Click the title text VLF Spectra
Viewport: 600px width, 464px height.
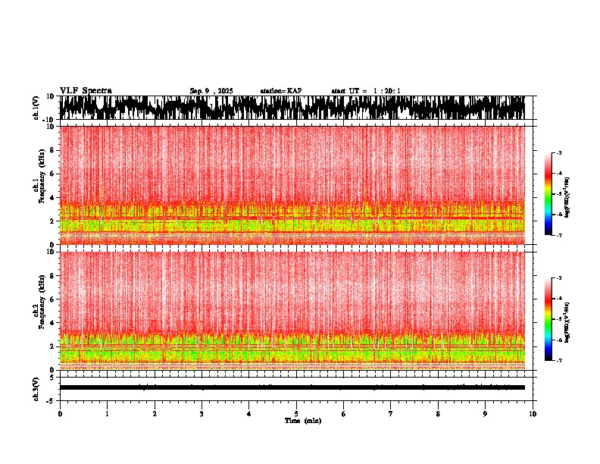click(86, 90)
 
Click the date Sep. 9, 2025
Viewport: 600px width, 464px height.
click(211, 91)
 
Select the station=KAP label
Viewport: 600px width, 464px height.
click(280, 91)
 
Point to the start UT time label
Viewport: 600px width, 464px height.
click(366, 91)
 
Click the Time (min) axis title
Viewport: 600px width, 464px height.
click(296, 420)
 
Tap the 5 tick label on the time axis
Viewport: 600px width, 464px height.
click(296, 413)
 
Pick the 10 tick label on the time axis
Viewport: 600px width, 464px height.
click(533, 413)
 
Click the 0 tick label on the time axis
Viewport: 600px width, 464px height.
click(60, 413)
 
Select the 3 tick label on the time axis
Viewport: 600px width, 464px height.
click(202, 413)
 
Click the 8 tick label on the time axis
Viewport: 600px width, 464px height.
click(438, 413)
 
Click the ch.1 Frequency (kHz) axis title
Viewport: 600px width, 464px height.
click(39, 186)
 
